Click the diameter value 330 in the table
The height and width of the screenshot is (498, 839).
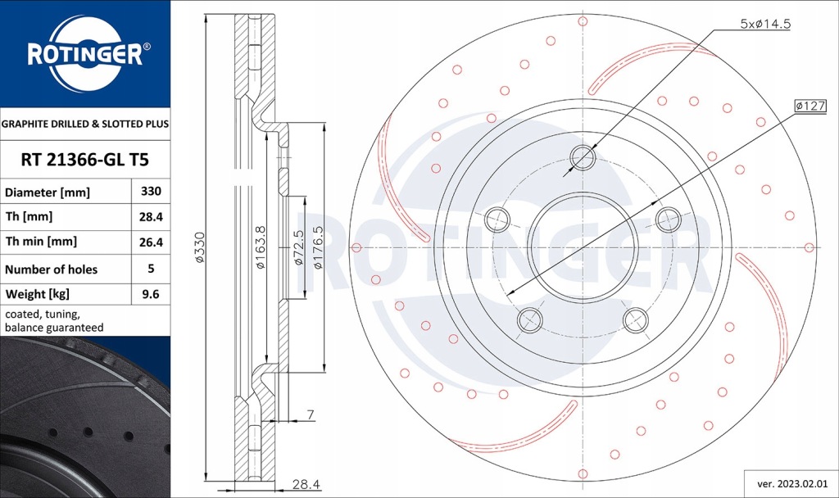(151, 192)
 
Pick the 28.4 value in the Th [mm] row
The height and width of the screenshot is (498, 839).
(151, 217)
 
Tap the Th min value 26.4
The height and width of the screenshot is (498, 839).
(151, 242)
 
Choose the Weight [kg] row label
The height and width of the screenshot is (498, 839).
(37, 294)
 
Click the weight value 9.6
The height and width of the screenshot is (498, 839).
(151, 294)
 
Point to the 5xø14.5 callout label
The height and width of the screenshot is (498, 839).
(764, 25)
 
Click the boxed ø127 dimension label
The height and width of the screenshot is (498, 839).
(810, 106)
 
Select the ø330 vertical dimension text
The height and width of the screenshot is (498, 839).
(199, 247)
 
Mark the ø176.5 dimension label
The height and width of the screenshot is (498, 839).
(316, 247)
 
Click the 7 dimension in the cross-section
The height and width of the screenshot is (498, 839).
(311, 415)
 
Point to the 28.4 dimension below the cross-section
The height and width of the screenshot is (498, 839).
(305, 485)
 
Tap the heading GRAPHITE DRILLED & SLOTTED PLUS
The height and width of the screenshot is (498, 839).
(85, 124)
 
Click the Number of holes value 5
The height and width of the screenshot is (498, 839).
(151, 269)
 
